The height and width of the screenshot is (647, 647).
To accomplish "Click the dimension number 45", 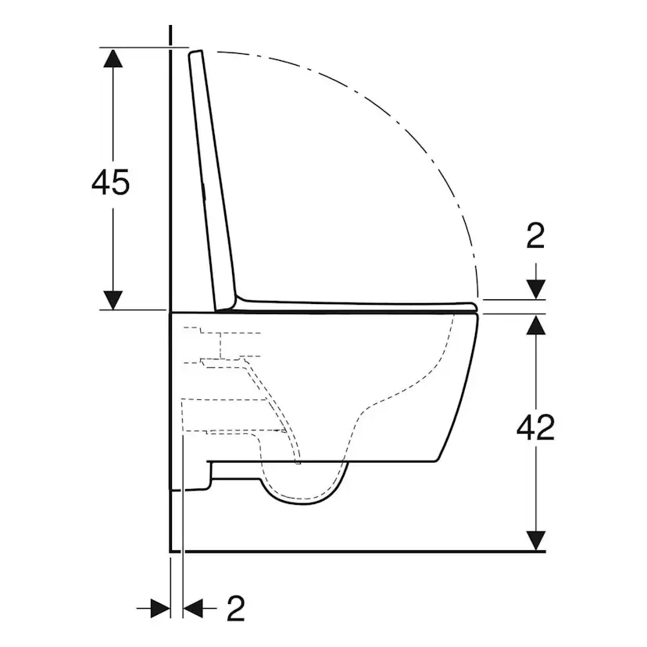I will (x=110, y=182).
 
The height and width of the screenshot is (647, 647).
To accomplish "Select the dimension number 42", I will (x=535, y=427).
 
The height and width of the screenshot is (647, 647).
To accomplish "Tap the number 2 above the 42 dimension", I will (x=535, y=235).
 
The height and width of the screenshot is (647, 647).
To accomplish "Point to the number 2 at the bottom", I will (x=235, y=608).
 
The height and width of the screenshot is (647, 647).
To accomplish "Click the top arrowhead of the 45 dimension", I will (x=114, y=58).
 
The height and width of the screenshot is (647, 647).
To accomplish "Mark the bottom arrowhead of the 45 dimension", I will (x=114, y=298).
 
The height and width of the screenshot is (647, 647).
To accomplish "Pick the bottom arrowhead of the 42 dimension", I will (x=535, y=540).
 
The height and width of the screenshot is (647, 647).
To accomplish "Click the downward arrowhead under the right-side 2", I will (x=535, y=289).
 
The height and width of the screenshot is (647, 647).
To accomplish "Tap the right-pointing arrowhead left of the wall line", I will (x=160, y=607).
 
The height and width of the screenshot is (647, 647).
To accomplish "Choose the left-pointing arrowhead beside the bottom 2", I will (x=192, y=607).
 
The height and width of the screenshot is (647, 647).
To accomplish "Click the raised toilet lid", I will (x=213, y=180).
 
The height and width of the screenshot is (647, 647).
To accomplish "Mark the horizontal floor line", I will (x=352, y=550).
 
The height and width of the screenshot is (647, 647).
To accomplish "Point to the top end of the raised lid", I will (x=196, y=53).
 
